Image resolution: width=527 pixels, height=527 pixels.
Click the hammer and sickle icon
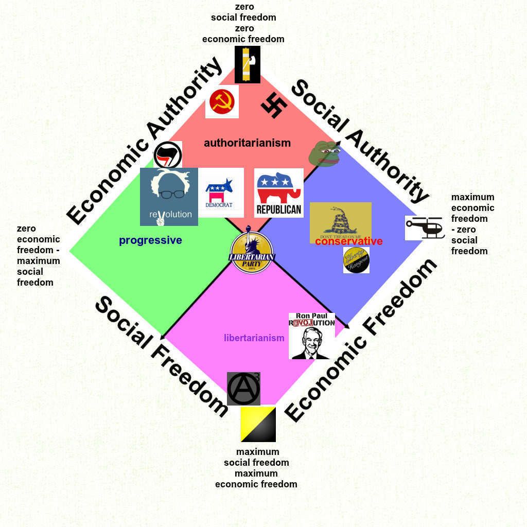(222, 102)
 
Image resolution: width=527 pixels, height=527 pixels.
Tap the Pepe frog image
(324, 153)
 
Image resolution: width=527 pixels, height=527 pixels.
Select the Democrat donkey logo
(220, 192)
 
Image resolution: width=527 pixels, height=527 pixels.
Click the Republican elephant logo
(278, 192)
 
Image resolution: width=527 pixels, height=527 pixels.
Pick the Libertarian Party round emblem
(252, 252)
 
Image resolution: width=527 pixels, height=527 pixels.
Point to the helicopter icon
(425, 227)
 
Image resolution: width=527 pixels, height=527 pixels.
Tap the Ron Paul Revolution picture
(311, 336)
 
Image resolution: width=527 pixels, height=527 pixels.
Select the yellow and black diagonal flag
(258, 424)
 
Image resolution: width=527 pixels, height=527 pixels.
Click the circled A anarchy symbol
(243, 389)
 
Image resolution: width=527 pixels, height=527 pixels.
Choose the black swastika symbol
(274, 106)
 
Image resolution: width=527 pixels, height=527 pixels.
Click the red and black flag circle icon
(167, 154)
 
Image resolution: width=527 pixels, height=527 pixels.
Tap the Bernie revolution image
(169, 197)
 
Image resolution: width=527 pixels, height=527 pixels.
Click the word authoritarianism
(247, 143)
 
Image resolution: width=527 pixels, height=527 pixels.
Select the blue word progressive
(150, 240)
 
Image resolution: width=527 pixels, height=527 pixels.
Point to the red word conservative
(349, 241)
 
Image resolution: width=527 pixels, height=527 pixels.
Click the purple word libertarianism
(254, 338)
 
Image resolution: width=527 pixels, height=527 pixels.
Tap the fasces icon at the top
(247, 64)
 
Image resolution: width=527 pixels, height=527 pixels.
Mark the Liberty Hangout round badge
(356, 260)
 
